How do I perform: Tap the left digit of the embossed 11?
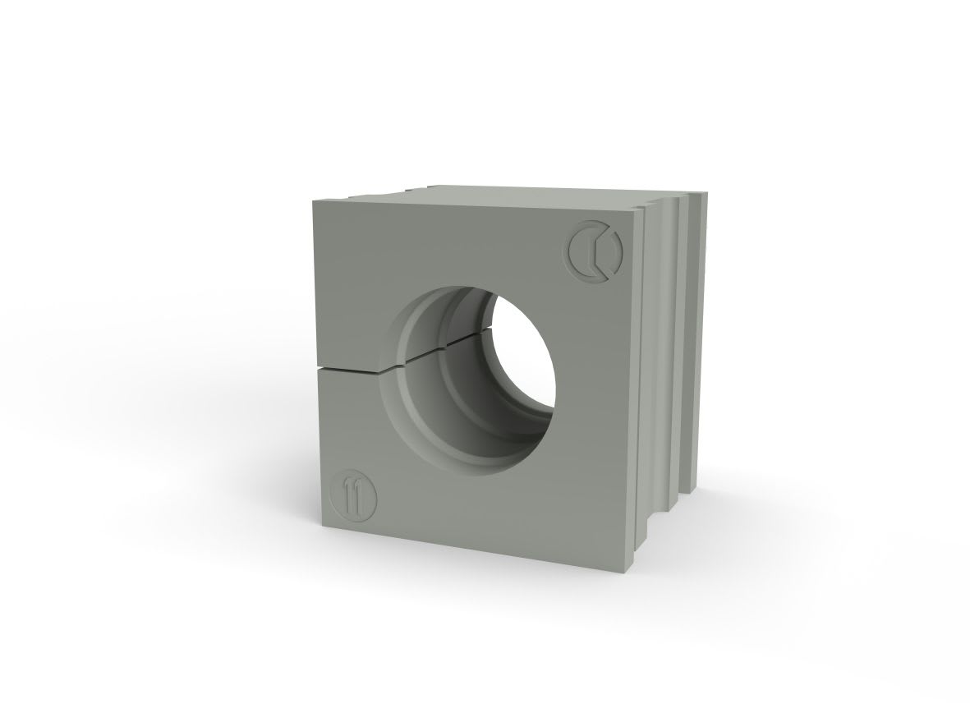click(350, 495)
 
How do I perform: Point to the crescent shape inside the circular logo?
click(583, 249)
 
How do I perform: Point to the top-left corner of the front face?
click(313, 200)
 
